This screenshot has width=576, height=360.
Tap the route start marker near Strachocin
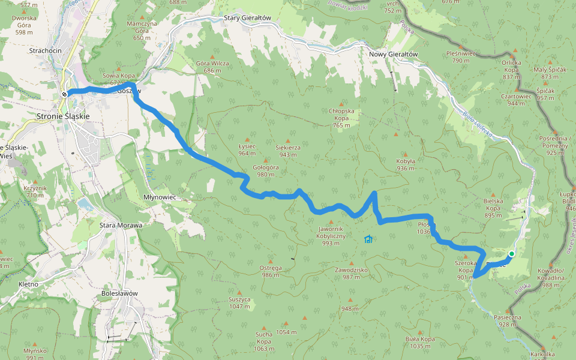pyautogui.click(x=64, y=94)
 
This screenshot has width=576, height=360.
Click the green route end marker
pyautogui.click(x=511, y=254)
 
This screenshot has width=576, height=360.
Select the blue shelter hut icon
pyautogui.click(x=368, y=240)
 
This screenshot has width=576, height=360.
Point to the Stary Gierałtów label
pyautogui.click(x=248, y=18)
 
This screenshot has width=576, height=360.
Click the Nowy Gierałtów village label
pyautogui.click(x=393, y=54)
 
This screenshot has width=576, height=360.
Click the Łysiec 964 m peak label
pyautogui.click(x=247, y=149)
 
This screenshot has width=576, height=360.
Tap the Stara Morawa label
pyautogui.click(x=121, y=225)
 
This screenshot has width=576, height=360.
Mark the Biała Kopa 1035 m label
pyautogui.click(x=421, y=342)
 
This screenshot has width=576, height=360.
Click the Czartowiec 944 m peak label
pyautogui.click(x=515, y=99)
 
